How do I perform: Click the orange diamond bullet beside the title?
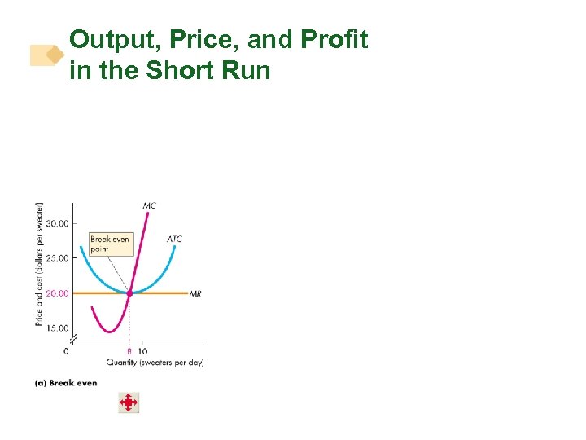click(55, 55)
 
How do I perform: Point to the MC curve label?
click(149, 205)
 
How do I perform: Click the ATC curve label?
click(174, 239)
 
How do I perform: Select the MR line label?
click(195, 294)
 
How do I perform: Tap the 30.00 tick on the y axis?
click(57, 223)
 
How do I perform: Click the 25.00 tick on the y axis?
click(57, 258)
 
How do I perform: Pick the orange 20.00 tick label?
click(57, 293)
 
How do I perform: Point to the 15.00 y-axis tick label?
click(57, 328)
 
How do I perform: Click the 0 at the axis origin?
click(66, 351)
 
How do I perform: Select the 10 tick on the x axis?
click(142, 351)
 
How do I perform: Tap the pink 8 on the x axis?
click(129, 351)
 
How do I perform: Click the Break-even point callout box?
click(110, 244)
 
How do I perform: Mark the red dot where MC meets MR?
click(129, 293)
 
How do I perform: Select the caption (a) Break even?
click(66, 383)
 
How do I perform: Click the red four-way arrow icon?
click(129, 403)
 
